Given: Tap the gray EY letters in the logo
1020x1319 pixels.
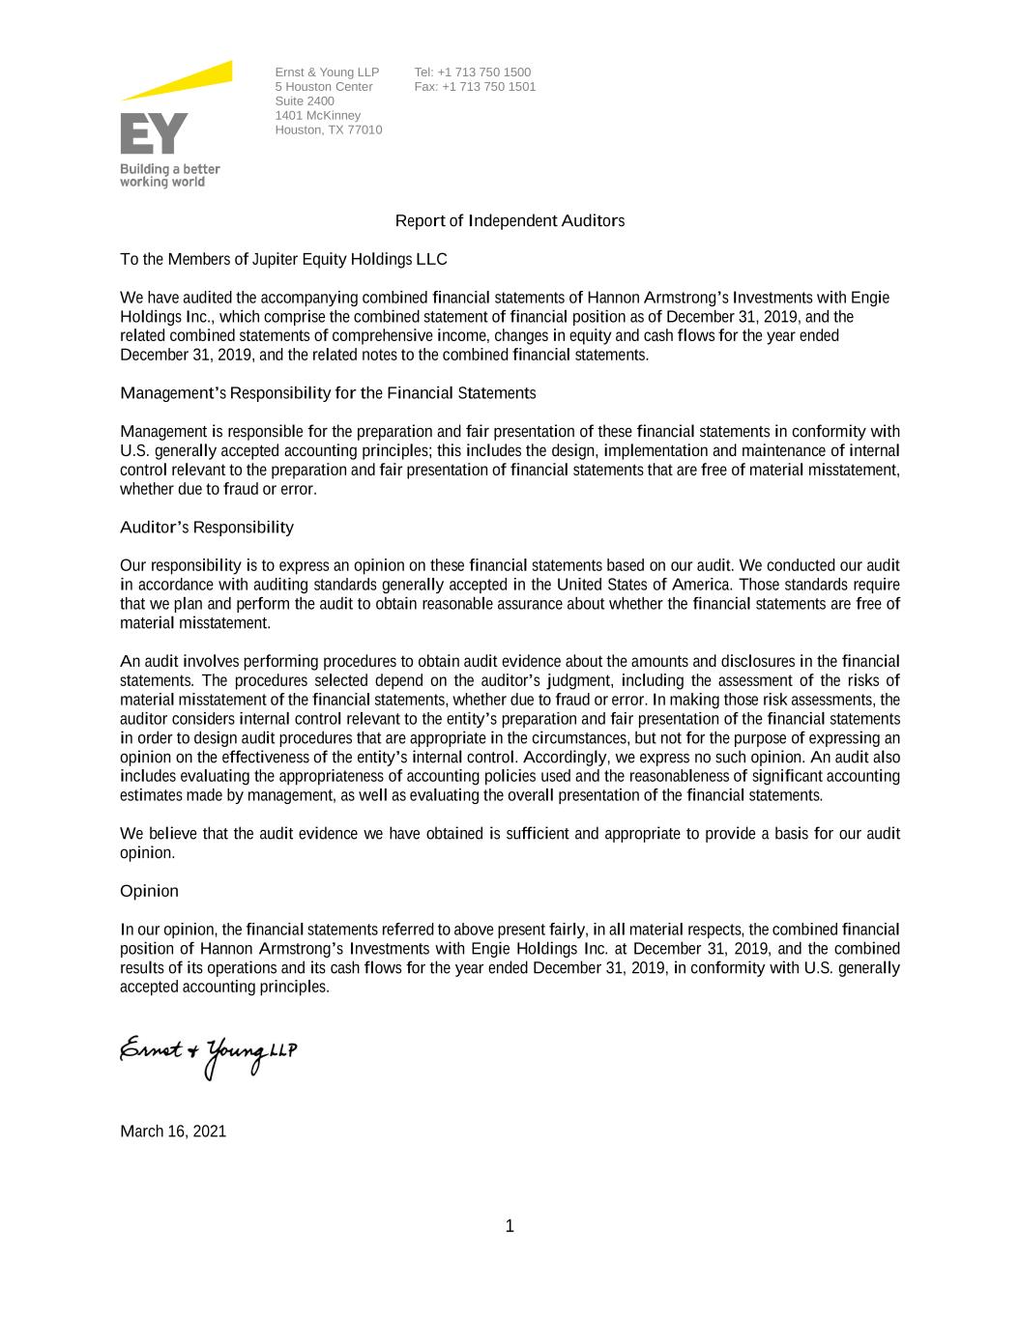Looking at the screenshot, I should pyautogui.click(x=154, y=133).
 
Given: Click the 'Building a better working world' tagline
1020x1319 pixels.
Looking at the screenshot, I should pyautogui.click(x=169, y=175).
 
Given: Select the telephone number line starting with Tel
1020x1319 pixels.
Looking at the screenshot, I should pyautogui.click(x=472, y=72).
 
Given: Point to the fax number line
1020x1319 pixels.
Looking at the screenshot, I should pyautogui.click(x=475, y=87).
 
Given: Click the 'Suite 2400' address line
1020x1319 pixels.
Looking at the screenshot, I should pyautogui.click(x=305, y=101).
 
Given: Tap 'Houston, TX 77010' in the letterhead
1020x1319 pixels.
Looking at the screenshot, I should pyautogui.click(x=328, y=130).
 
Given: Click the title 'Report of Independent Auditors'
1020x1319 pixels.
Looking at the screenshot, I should pyautogui.click(x=510, y=221).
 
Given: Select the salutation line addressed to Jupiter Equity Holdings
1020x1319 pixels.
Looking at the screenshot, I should pyautogui.click(x=283, y=260).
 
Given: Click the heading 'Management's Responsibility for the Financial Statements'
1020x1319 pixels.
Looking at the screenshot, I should pyautogui.click(x=328, y=393).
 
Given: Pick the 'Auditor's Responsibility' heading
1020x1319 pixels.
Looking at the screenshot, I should pyautogui.click(x=206, y=528).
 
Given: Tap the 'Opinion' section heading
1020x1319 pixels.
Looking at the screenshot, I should pyautogui.click(x=149, y=891).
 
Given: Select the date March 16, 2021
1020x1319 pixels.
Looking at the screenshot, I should pyautogui.click(x=173, y=1132).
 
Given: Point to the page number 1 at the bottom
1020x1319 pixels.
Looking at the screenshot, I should pyautogui.click(x=510, y=1227).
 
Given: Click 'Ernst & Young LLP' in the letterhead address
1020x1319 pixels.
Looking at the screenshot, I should pyautogui.click(x=327, y=72).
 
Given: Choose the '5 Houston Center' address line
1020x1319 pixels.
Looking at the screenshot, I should pyautogui.click(x=323, y=87).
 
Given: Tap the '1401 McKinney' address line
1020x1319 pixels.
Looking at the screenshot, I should pyautogui.click(x=317, y=116).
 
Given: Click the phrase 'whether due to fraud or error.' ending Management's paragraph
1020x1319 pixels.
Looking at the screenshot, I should pyautogui.click(x=219, y=489).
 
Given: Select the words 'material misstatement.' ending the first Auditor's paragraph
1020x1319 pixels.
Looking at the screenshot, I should pyautogui.click(x=195, y=623).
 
